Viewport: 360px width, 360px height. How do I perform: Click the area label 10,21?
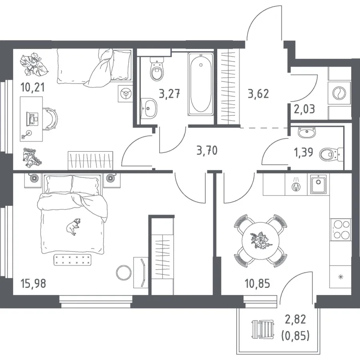pyautogui.click(x=32, y=88)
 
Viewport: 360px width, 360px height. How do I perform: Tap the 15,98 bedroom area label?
pyautogui.click(x=33, y=284)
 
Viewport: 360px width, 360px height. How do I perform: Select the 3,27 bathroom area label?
pyautogui.click(x=170, y=94)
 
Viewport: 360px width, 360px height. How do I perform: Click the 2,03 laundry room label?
pyautogui.click(x=304, y=109)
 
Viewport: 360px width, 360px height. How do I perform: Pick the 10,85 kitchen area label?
pyautogui.click(x=257, y=284)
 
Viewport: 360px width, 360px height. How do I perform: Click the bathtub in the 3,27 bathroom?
pyautogui.click(x=201, y=84)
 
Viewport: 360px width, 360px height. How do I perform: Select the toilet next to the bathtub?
pyautogui.click(x=157, y=68)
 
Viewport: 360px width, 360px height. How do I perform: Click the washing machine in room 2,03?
pyautogui.click(x=339, y=93)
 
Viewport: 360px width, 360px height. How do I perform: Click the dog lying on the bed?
pyautogui.click(x=74, y=226)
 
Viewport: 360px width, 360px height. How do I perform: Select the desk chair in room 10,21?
pyautogui.click(x=50, y=119)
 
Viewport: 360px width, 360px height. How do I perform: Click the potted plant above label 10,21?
pyautogui.click(x=34, y=64)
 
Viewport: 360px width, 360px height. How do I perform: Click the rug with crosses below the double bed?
pyautogui.click(x=72, y=259)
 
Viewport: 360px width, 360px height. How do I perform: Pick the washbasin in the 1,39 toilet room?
pyautogui.click(x=306, y=133)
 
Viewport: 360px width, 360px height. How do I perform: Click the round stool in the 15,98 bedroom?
pyautogui.click(x=124, y=273)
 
